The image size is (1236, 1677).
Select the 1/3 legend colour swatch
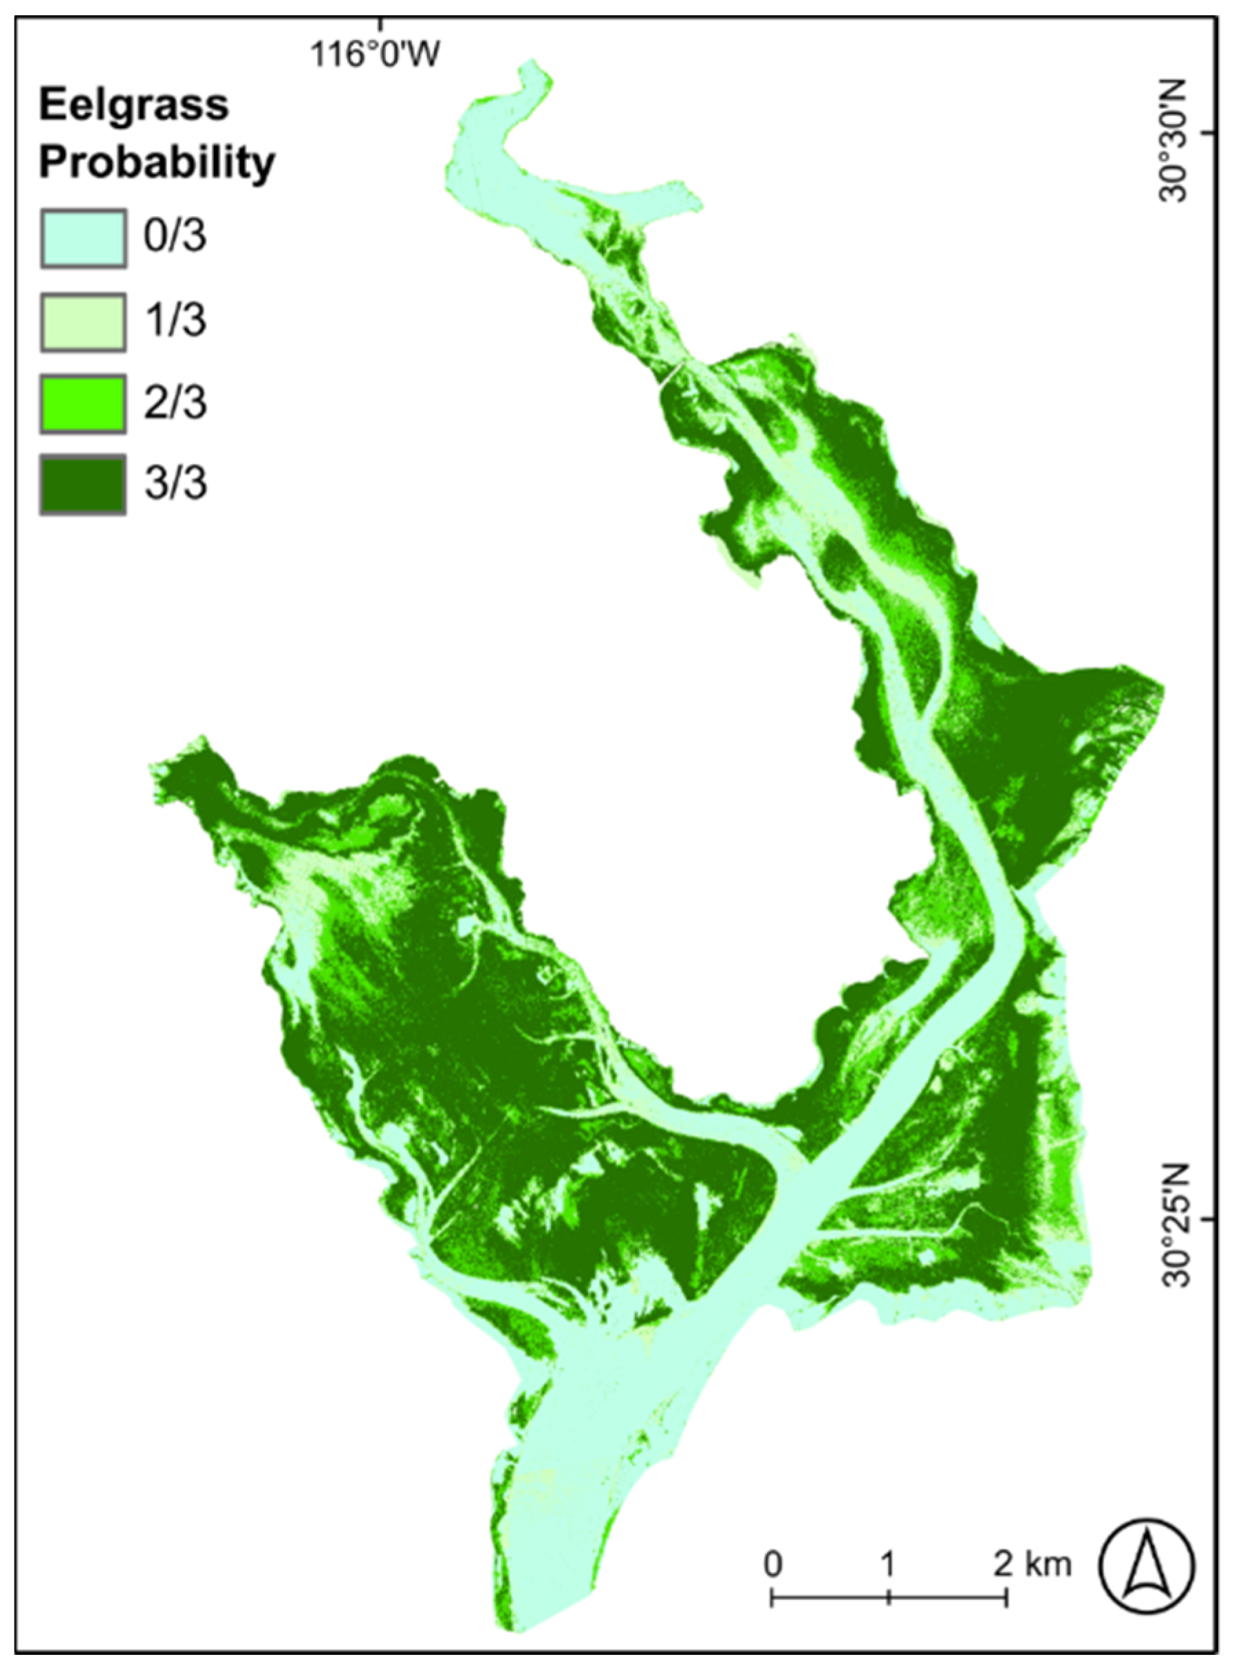[x=83, y=322]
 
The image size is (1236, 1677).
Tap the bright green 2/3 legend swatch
[x=83, y=404]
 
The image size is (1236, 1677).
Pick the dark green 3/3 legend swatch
[x=83, y=486]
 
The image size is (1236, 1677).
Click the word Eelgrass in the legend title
[x=133, y=106]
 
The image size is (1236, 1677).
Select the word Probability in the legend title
[x=157, y=162]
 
